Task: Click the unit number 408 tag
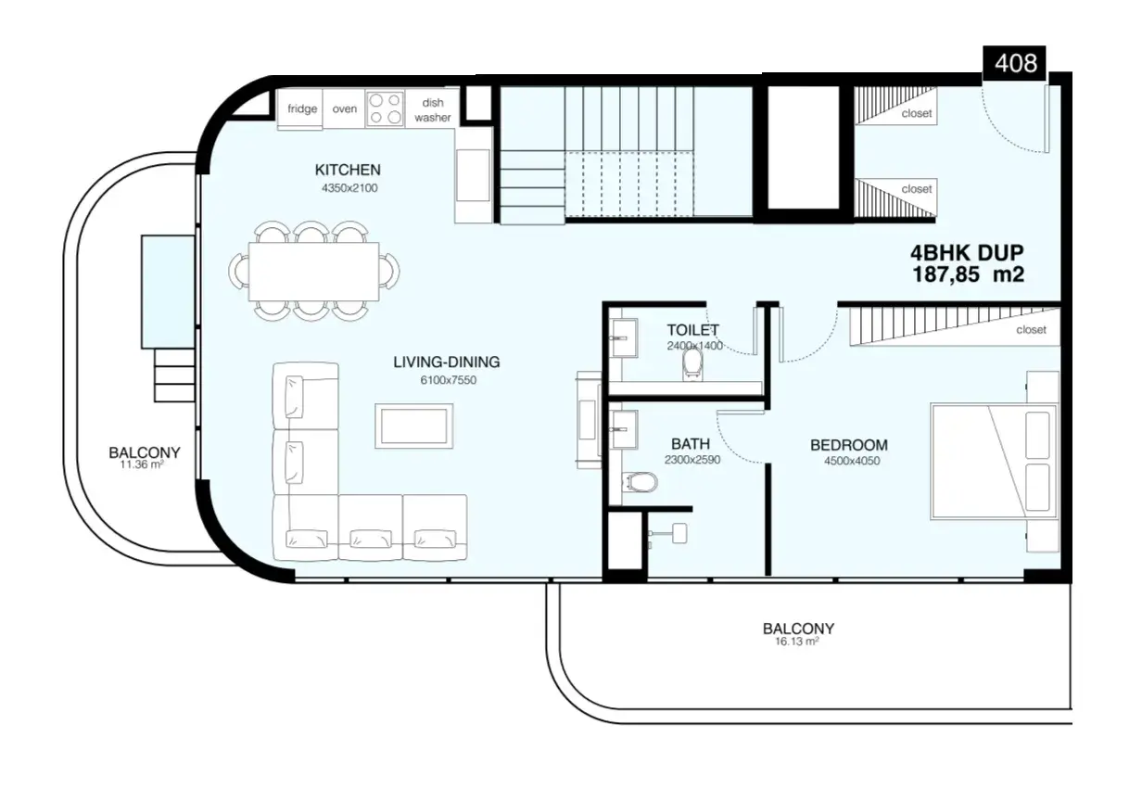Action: pyautogui.click(x=1014, y=63)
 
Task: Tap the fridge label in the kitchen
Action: pyautogui.click(x=302, y=108)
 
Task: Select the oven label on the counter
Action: pyautogui.click(x=344, y=109)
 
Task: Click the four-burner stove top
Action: pyautogui.click(x=385, y=109)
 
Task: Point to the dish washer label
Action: pyautogui.click(x=432, y=110)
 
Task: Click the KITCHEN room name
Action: pyautogui.click(x=348, y=170)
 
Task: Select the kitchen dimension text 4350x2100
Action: pyautogui.click(x=349, y=188)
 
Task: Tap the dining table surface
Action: pyautogui.click(x=313, y=272)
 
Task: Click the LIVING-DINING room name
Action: pyautogui.click(x=446, y=362)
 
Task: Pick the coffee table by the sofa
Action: pyautogui.click(x=413, y=426)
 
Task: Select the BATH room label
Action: pyautogui.click(x=691, y=444)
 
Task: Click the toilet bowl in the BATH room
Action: pyautogui.click(x=640, y=482)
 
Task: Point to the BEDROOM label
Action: pyautogui.click(x=849, y=445)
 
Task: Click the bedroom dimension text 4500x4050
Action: pyautogui.click(x=851, y=461)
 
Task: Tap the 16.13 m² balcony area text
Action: pyautogui.click(x=797, y=642)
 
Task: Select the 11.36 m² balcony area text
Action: pyautogui.click(x=142, y=464)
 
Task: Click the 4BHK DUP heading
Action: pyautogui.click(x=967, y=253)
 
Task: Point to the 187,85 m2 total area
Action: pyautogui.click(x=968, y=275)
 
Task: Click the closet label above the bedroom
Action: pyautogui.click(x=1031, y=330)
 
